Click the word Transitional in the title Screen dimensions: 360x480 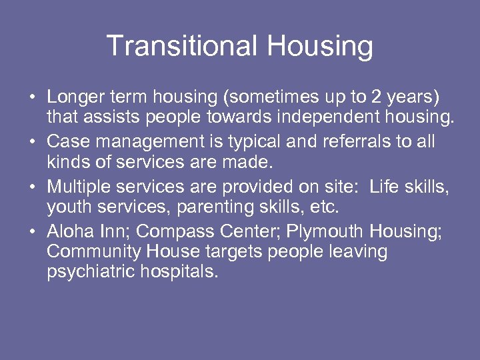(x=182, y=46)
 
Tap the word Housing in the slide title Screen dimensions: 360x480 (x=320, y=46)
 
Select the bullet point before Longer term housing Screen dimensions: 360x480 (x=31, y=97)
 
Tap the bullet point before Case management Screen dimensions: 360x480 (x=31, y=143)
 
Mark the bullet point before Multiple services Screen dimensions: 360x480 (x=31, y=187)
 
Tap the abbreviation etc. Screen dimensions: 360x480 (x=325, y=208)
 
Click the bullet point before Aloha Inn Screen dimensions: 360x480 (x=31, y=231)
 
